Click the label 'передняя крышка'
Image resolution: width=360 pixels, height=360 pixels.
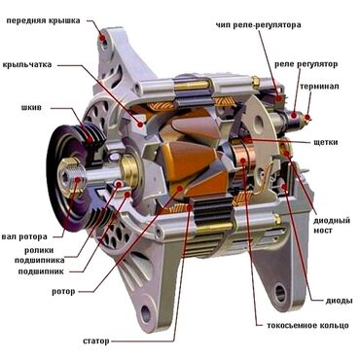click(x=43, y=21)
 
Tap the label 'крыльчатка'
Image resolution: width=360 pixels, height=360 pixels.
click(x=27, y=64)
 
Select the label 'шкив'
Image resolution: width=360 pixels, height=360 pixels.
click(x=31, y=107)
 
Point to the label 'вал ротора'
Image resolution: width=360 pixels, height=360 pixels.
click(x=24, y=237)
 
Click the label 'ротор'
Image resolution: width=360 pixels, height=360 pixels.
click(x=63, y=292)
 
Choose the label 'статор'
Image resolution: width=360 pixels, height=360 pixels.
click(x=96, y=342)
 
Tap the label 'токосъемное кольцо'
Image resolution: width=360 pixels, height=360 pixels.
click(x=307, y=325)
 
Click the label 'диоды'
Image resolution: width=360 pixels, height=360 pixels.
click(x=340, y=301)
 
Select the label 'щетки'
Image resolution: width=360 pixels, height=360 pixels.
click(x=326, y=142)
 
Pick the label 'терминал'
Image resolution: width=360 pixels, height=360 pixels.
click(x=320, y=87)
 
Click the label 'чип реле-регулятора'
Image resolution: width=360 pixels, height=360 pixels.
click(x=259, y=24)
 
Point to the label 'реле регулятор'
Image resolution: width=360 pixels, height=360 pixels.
click(x=306, y=64)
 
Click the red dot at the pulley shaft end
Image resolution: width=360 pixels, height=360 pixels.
click(x=78, y=179)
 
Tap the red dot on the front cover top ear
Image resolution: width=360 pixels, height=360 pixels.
click(x=102, y=38)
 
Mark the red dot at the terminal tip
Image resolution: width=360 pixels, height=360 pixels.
click(x=307, y=117)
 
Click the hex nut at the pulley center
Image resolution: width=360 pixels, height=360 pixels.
click(x=66, y=177)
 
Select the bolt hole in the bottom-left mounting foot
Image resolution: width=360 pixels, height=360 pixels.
click(x=146, y=314)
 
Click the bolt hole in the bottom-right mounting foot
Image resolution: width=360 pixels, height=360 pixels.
click(x=280, y=293)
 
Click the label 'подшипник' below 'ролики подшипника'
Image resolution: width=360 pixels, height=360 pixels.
click(x=41, y=271)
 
